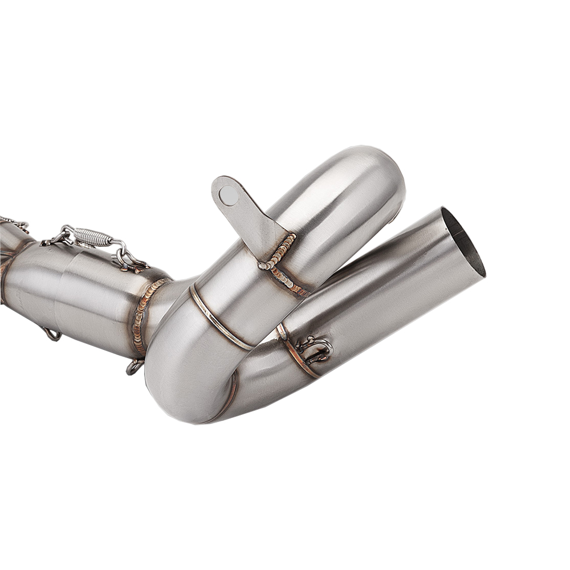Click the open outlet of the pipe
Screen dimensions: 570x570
pos(463,242)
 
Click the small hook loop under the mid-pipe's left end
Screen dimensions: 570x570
pos(52,334)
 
